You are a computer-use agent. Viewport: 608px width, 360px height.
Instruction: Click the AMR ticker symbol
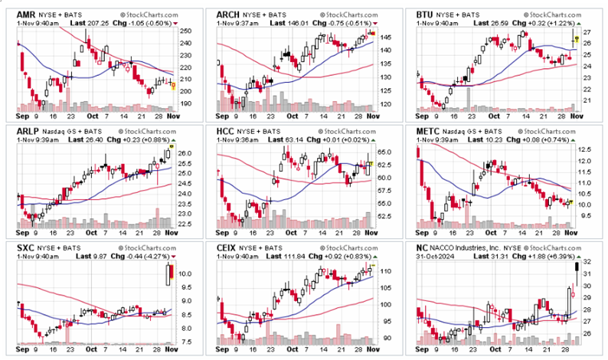point(27,15)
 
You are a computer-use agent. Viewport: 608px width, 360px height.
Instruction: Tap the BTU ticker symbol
point(426,15)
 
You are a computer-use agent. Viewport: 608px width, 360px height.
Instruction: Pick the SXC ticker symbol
point(26,249)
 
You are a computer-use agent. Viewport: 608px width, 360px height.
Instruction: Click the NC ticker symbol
point(423,249)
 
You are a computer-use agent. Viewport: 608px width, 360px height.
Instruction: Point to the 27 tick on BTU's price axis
point(585,33)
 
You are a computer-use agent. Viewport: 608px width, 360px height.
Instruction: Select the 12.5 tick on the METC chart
point(587,150)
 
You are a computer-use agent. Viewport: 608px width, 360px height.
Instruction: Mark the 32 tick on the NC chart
point(585,262)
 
